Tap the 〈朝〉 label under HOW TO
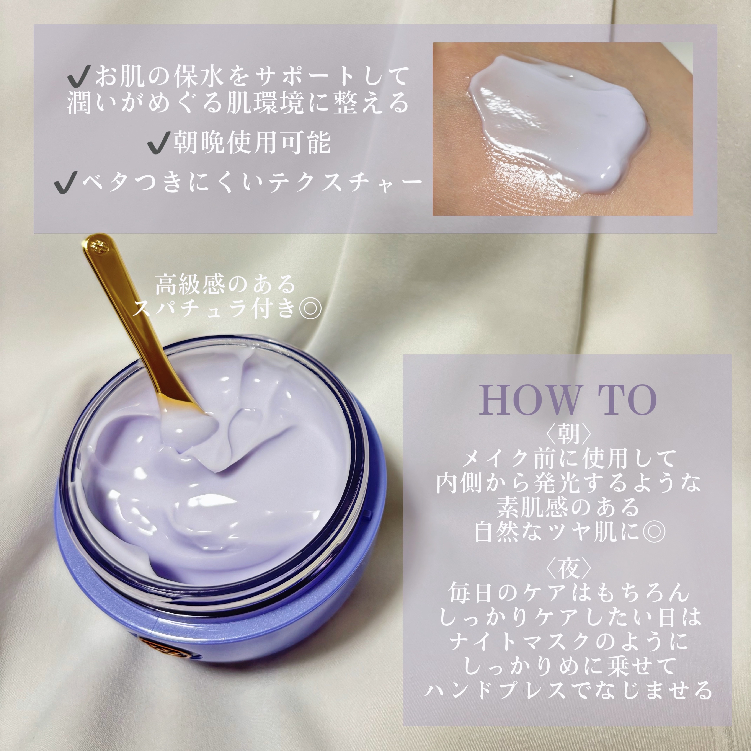569,433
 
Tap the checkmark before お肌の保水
79,76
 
